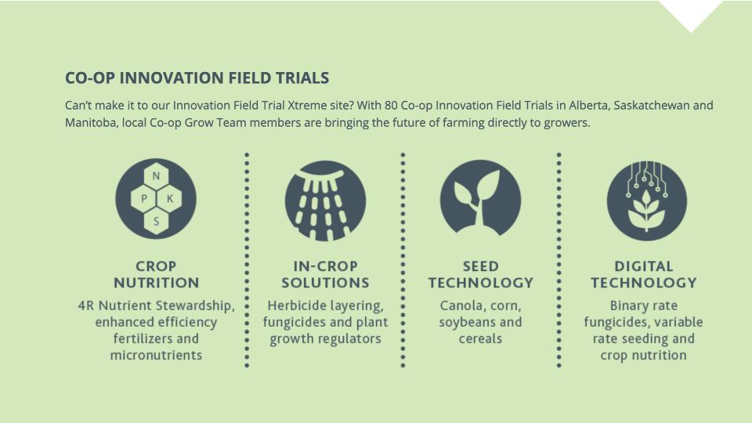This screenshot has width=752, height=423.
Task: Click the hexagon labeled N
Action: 156,176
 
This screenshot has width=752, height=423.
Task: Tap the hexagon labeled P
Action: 143,198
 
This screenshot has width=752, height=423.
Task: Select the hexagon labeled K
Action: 169,198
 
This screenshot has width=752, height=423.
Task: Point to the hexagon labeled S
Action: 156,221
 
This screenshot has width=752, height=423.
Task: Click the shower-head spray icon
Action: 325,201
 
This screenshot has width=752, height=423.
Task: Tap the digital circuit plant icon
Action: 646,201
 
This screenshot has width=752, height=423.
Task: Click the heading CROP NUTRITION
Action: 157,274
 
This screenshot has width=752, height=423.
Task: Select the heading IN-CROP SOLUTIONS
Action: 325,274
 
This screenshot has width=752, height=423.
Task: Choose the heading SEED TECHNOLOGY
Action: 480,274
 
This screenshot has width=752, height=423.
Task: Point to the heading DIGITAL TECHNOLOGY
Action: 644,274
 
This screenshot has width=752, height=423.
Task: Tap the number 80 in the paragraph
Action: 391,106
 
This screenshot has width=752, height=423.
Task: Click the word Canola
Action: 458,306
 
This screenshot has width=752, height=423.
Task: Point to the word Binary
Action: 627,306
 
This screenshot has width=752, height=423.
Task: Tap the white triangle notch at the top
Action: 691,12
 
